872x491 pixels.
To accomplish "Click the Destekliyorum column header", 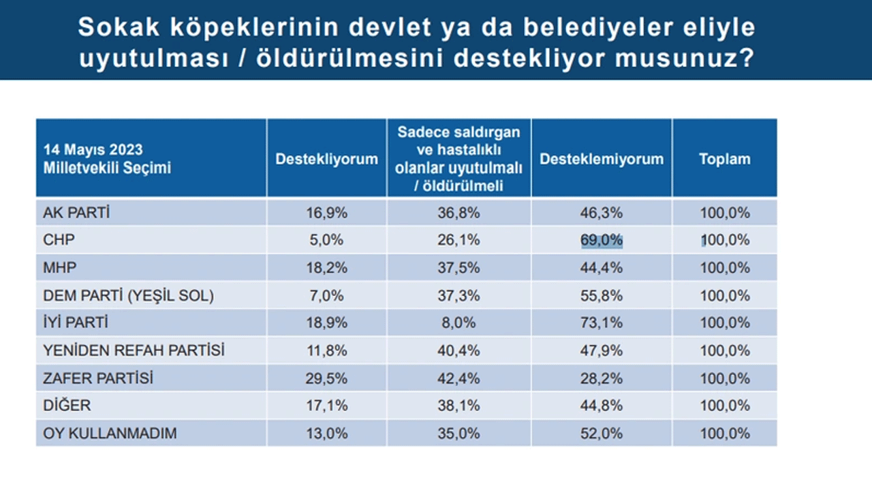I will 326,159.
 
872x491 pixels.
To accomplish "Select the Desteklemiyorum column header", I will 601,159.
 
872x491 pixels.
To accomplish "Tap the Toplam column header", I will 724,159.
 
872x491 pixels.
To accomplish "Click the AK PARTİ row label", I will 76,213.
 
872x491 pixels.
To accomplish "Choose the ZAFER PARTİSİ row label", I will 97,378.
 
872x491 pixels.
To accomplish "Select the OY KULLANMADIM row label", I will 110,433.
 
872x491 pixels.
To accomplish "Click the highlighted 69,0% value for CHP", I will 602,240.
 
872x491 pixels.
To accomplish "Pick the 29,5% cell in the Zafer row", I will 326,378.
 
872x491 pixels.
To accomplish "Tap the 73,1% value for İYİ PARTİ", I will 602,323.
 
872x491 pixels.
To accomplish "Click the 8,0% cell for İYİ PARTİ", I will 458,323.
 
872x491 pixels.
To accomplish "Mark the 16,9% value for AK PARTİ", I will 326,213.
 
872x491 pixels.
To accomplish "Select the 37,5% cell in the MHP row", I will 458,268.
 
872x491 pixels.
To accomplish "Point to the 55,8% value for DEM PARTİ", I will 602,295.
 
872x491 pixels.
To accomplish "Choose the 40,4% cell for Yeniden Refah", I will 458,351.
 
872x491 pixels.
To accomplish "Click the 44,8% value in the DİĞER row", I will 602,406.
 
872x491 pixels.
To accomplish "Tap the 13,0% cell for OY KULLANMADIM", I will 326,433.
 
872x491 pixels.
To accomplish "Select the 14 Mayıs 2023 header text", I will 93,150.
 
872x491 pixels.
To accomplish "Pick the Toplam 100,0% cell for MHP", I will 724,268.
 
